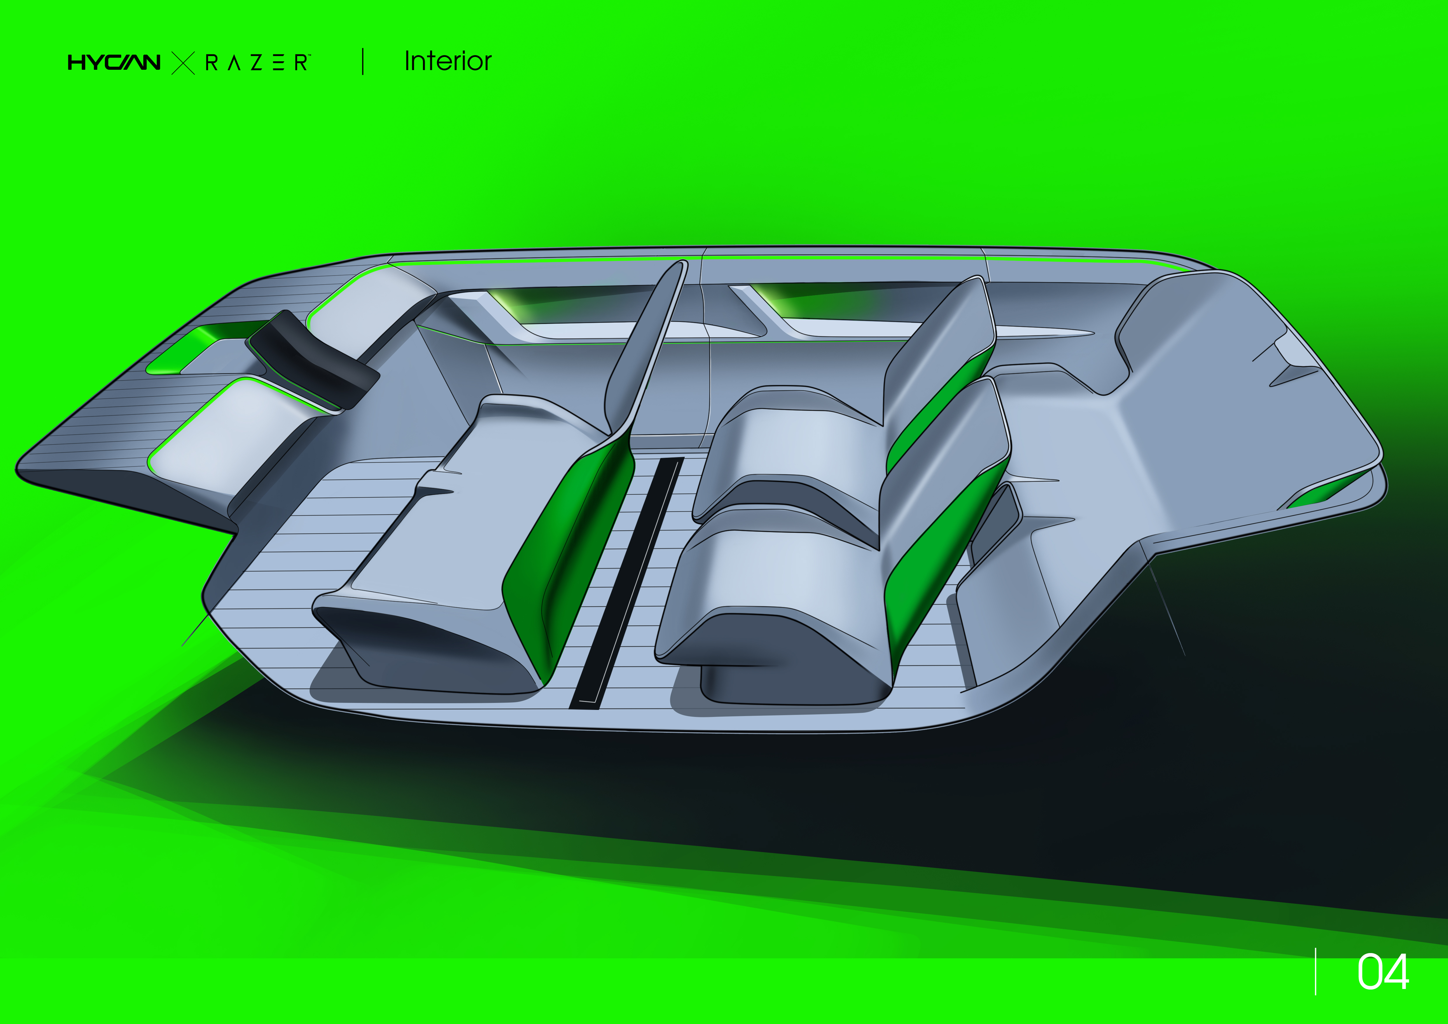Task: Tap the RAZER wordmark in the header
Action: [x=257, y=62]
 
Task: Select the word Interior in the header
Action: [x=447, y=61]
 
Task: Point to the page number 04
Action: [x=1382, y=972]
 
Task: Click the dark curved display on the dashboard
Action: [x=313, y=359]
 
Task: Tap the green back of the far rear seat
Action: [x=940, y=403]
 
